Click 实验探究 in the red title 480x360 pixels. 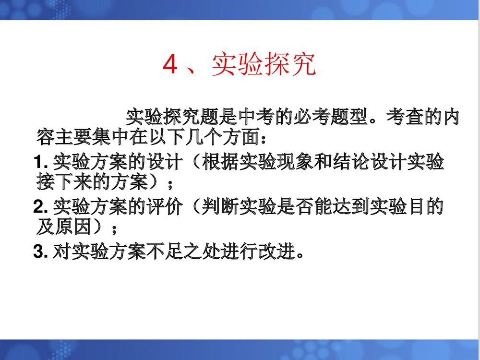[x=264, y=65]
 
